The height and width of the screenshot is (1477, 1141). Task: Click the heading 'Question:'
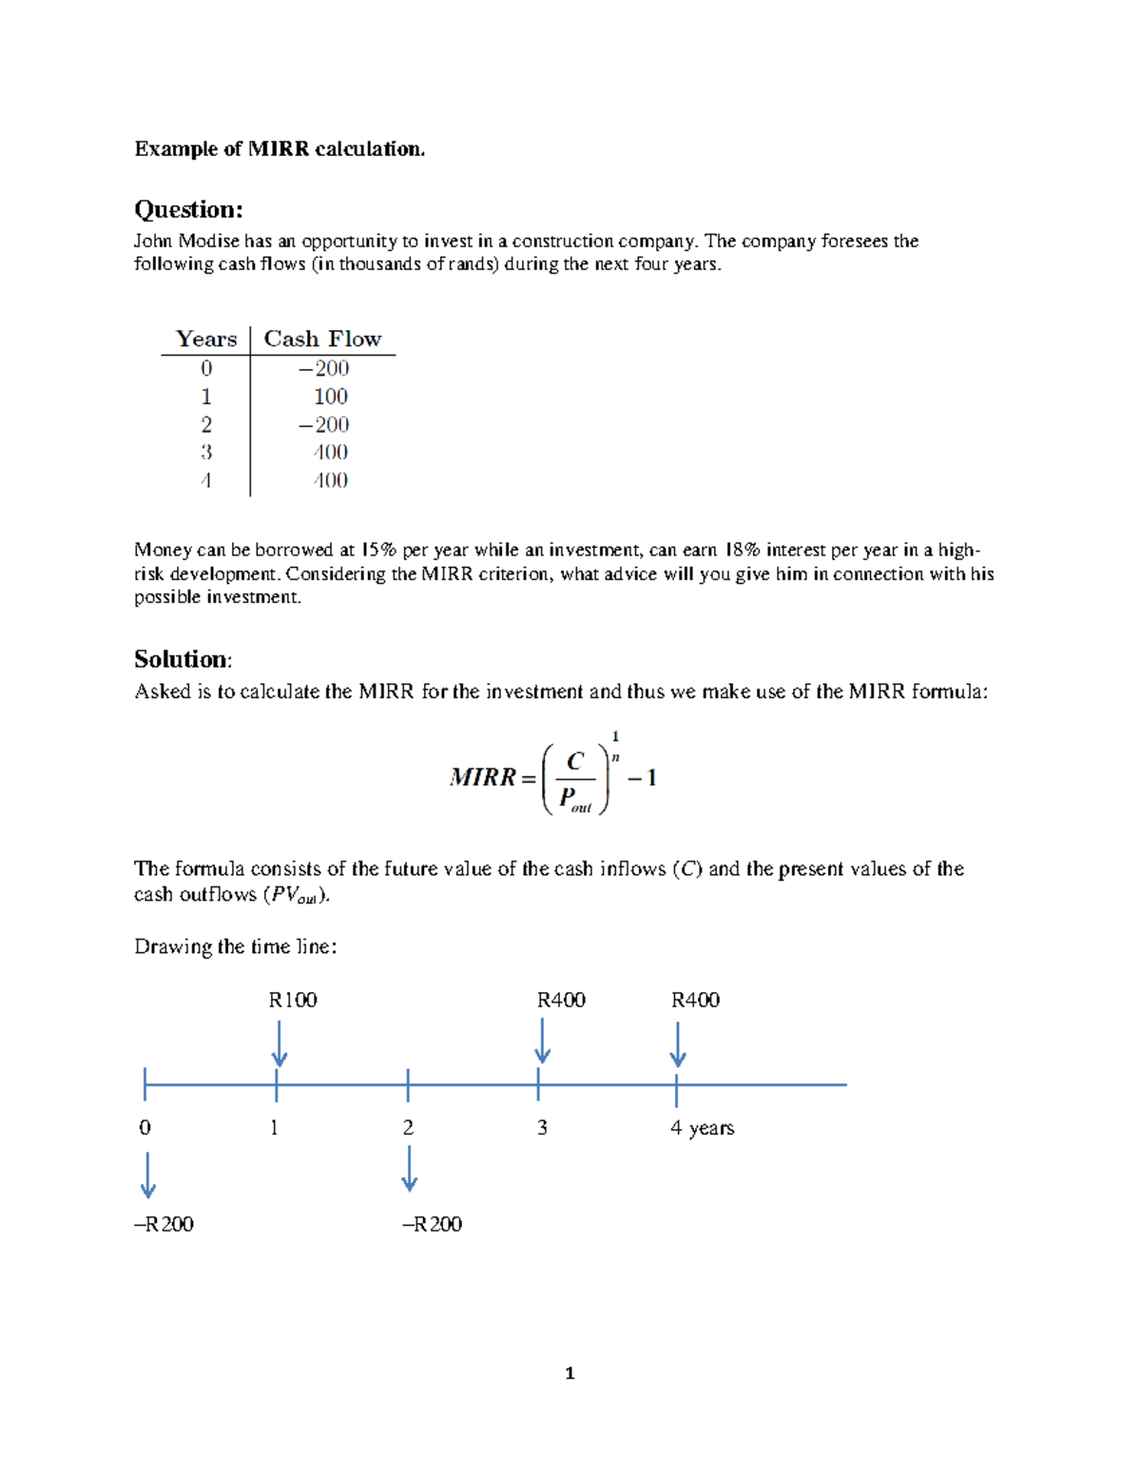(x=188, y=209)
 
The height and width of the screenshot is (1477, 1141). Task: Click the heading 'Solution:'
(x=183, y=659)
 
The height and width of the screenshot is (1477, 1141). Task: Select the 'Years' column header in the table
(x=206, y=340)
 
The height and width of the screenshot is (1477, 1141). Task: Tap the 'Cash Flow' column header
(x=322, y=340)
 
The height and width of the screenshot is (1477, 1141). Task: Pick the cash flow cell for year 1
(x=330, y=397)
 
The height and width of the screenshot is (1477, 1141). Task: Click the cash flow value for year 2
(x=324, y=424)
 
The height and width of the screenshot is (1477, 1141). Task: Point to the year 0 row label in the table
(x=206, y=368)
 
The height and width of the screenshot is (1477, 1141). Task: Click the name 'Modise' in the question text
(x=209, y=242)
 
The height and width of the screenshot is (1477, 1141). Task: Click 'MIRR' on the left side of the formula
(x=483, y=778)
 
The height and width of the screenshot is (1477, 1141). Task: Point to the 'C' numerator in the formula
(x=574, y=762)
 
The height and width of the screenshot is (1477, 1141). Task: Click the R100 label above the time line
(x=293, y=1000)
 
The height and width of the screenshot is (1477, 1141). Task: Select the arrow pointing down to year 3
(x=542, y=1041)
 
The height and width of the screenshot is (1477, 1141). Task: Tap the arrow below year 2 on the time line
(x=409, y=1169)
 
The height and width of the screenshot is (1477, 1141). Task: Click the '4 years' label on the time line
(x=702, y=1128)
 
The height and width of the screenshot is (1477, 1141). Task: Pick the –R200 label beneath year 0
(x=164, y=1224)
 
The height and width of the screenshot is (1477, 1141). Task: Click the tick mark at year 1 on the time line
(x=276, y=1084)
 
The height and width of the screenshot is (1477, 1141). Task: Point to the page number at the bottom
(x=570, y=1373)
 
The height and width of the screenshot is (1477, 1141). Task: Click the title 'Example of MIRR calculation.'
(x=280, y=149)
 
